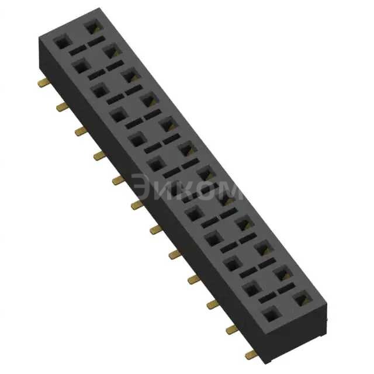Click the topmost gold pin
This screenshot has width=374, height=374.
tap(43, 83)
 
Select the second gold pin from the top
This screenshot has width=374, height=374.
tap(61, 107)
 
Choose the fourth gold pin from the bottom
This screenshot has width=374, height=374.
tap(193, 279)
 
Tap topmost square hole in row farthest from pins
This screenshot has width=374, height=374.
tap(92, 27)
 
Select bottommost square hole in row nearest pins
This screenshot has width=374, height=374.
tap(270, 316)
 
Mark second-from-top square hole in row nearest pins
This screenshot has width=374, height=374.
tap(80, 67)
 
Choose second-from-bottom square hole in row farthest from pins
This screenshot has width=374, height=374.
tap(282, 273)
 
